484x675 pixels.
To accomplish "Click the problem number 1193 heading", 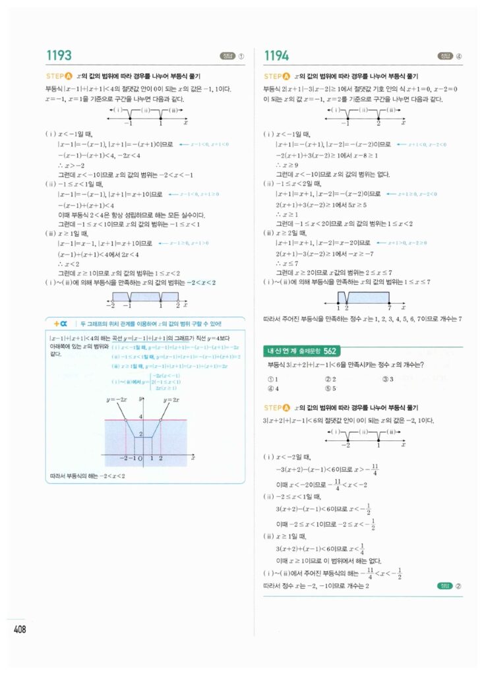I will tap(59, 56).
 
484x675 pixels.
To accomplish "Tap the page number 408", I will tap(20, 630).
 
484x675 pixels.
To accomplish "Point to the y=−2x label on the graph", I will tap(116, 400).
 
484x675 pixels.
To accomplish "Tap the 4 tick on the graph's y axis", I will tap(140, 416).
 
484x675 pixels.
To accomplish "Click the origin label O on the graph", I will tap(140, 459).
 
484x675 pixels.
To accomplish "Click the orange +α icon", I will tap(61, 323).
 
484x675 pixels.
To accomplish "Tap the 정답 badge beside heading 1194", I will tap(445, 56).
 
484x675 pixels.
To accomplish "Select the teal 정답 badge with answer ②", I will tap(445, 585).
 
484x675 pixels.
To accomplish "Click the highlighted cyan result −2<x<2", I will tap(201, 282).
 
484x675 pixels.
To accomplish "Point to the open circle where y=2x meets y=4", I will tap(160, 420).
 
